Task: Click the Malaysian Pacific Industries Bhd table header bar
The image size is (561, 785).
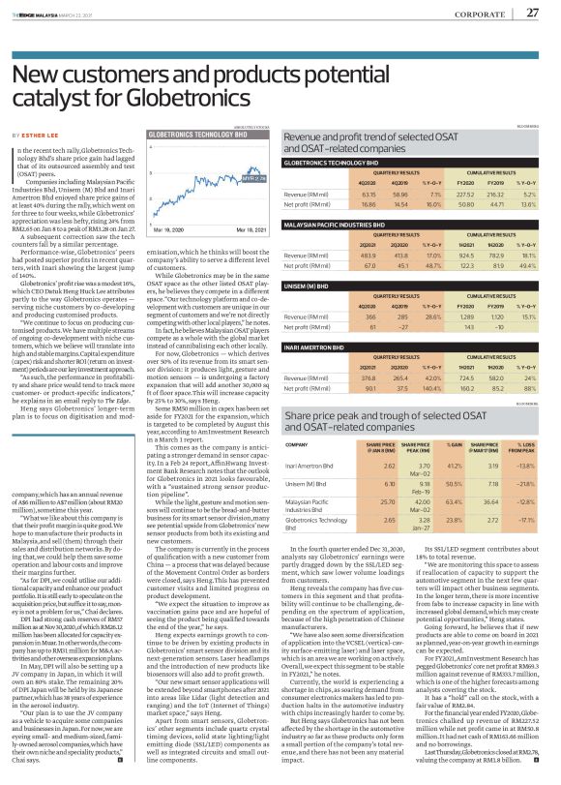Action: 412,223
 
